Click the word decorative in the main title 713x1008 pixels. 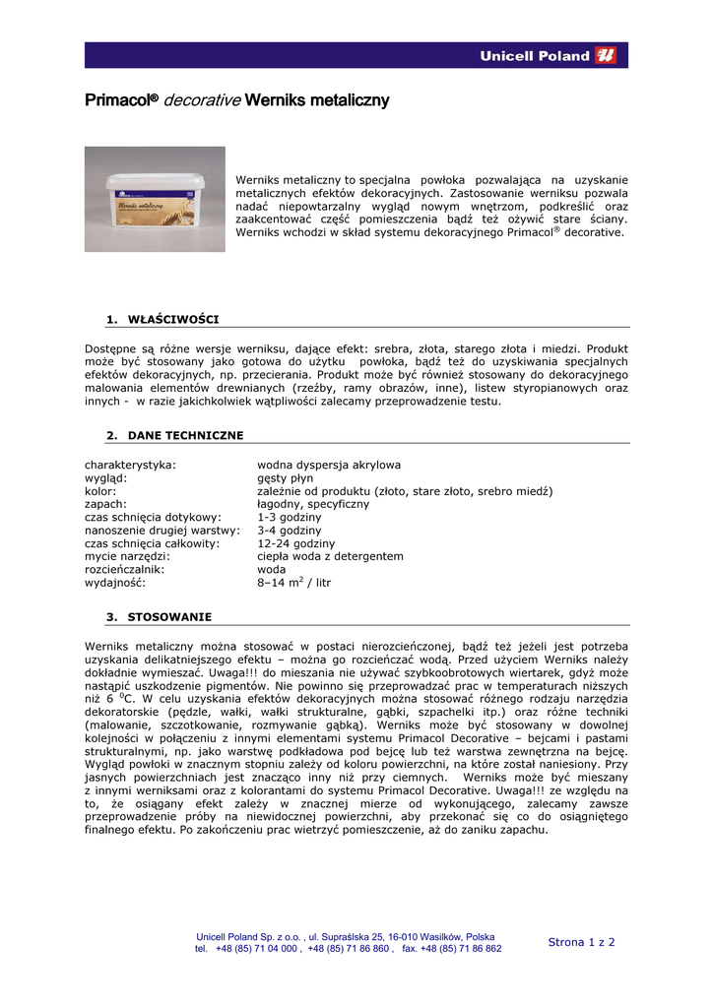tap(201, 100)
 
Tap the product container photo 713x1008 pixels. tap(155, 199)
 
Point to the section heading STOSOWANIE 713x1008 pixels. tap(169, 617)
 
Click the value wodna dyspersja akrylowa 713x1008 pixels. tap(328, 465)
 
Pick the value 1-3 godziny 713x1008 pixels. tap(289, 517)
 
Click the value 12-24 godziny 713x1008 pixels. tap(295, 543)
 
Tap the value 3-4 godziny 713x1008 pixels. tap(289, 530)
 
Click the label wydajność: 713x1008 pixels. tap(115, 583)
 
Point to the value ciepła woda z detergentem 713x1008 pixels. tap(330, 556)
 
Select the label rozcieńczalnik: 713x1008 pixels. tap(125, 569)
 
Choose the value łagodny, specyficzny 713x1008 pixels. tap(313, 504)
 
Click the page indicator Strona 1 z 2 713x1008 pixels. tap(581, 942)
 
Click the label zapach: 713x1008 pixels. tap(105, 504)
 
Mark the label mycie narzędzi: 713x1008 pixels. tap(127, 556)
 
